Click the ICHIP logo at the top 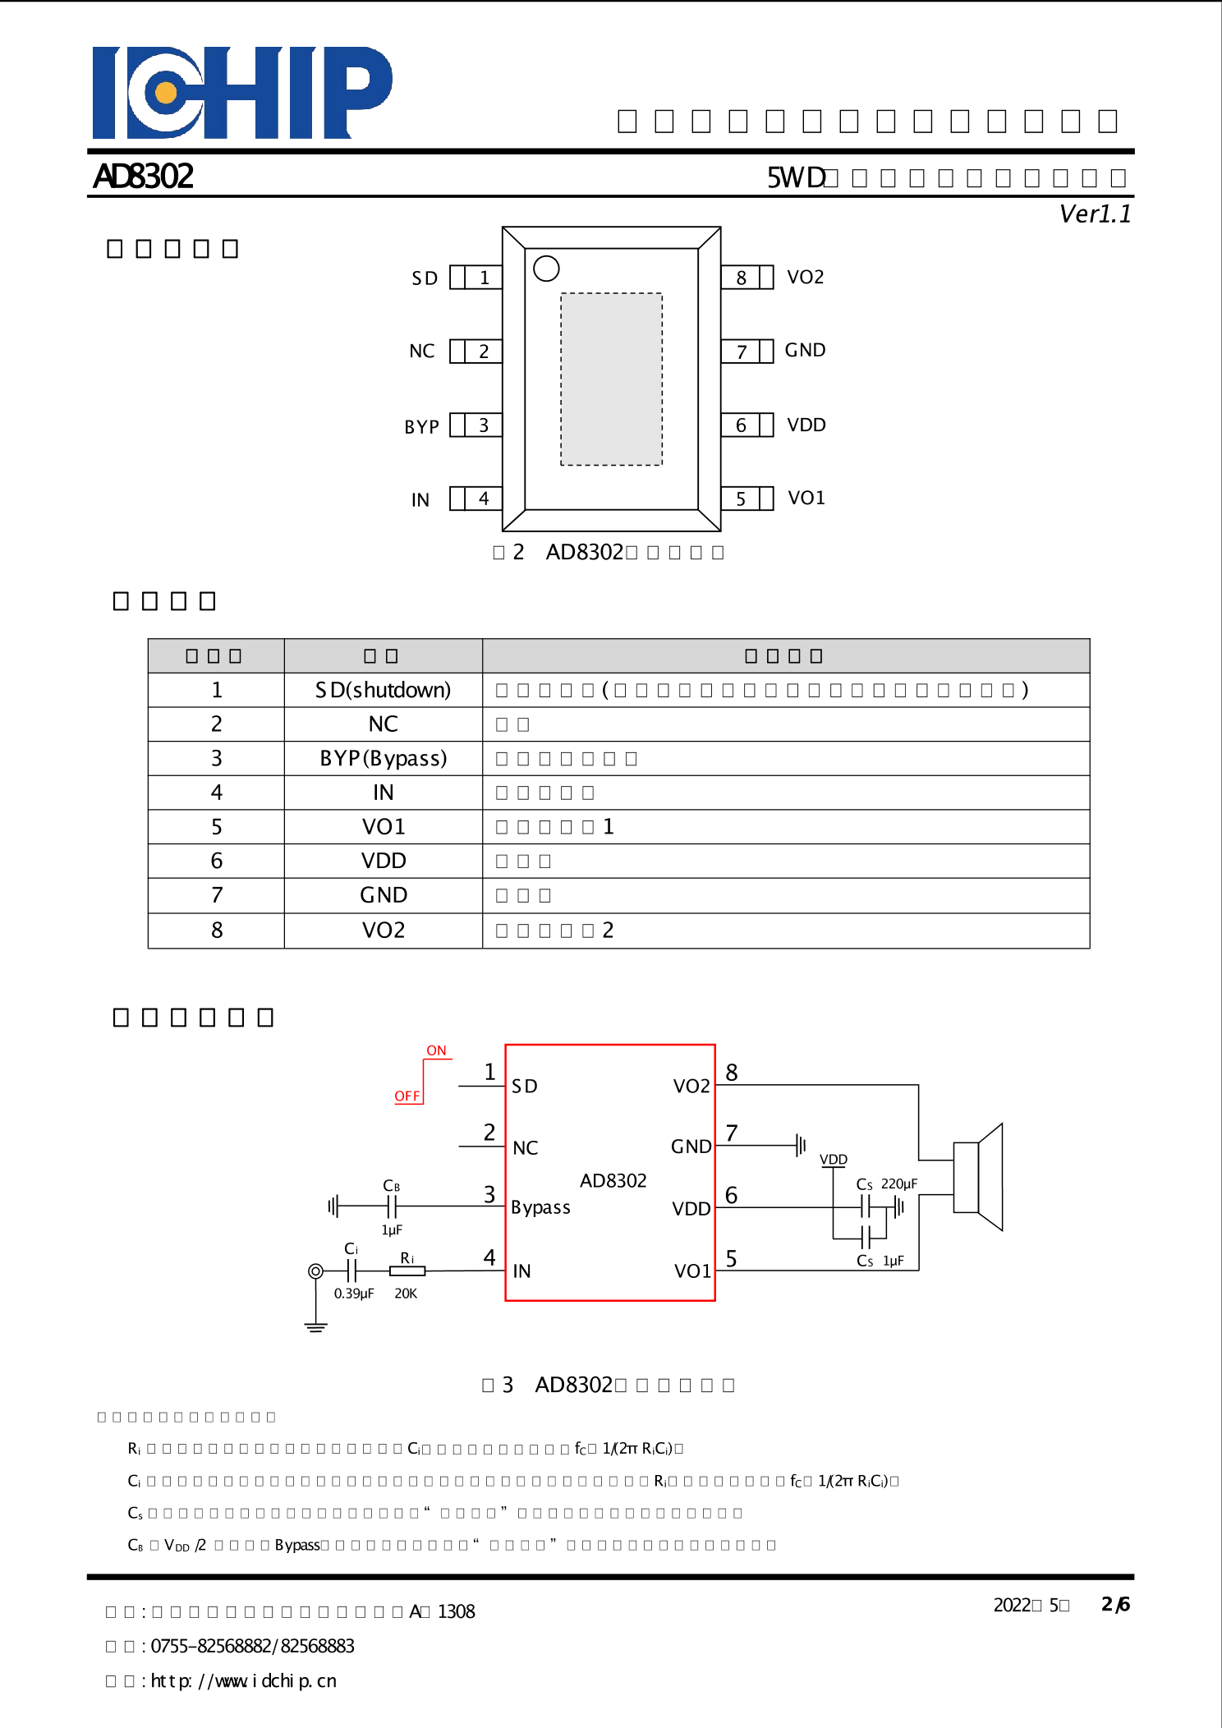(241, 92)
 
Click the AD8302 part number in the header (144, 177)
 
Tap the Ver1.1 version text (1095, 214)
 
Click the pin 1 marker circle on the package (546, 269)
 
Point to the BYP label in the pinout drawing (421, 427)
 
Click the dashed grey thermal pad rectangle (611, 379)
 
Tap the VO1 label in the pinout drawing (806, 499)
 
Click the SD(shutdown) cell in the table (383, 690)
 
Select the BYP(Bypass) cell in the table (383, 758)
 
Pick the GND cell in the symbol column (383, 895)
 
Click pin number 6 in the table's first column (216, 861)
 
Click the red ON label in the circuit (436, 1050)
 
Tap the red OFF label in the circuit (407, 1096)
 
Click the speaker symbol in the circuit (979, 1177)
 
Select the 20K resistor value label (406, 1294)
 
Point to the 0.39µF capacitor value (354, 1294)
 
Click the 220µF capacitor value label (898, 1183)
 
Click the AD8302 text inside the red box (613, 1181)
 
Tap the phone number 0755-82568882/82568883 (252, 1646)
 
